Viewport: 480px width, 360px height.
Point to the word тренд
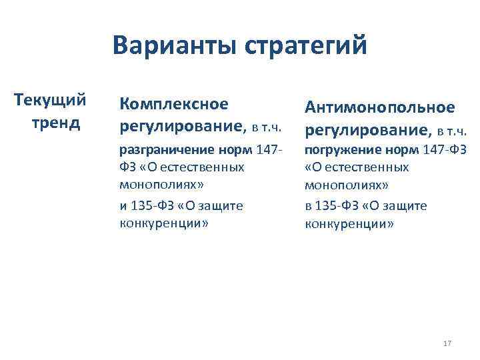tap(55, 123)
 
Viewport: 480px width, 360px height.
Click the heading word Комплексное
tap(173, 104)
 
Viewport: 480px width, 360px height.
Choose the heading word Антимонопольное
tap(380, 107)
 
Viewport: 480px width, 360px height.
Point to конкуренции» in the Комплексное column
tap(164, 223)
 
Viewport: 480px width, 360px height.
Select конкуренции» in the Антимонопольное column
tap(350, 223)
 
